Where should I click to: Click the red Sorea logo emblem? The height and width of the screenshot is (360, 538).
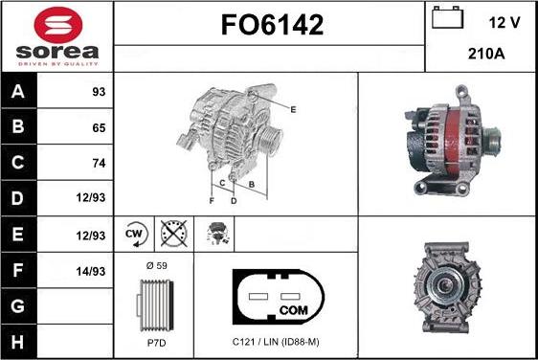(x=58, y=25)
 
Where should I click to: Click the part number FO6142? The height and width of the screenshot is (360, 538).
(x=273, y=25)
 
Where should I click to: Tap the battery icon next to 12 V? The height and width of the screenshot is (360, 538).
(x=447, y=18)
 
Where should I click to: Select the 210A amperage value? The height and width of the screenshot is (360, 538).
(x=486, y=54)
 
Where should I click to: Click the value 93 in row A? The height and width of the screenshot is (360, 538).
(x=99, y=92)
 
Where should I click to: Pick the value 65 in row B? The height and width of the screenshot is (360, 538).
(x=99, y=127)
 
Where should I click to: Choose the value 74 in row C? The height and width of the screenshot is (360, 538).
(x=99, y=163)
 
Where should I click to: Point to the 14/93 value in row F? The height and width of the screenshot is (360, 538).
(x=91, y=272)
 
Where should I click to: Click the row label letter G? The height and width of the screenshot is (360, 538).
(x=18, y=306)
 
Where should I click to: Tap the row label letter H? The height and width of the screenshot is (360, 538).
(x=18, y=342)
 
